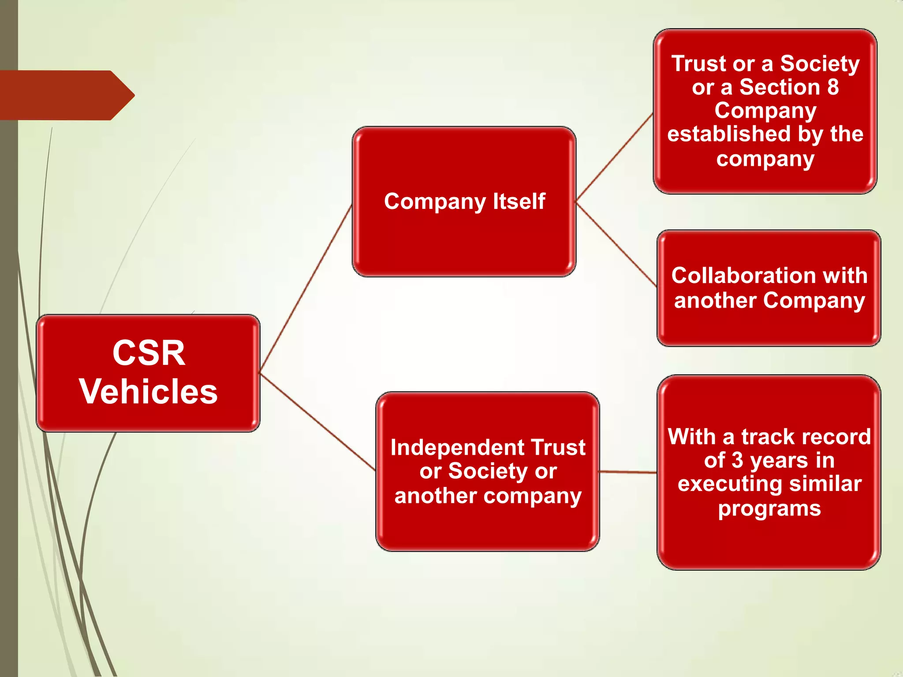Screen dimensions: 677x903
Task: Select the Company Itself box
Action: click(x=464, y=238)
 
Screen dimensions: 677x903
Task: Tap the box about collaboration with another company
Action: click(x=769, y=326)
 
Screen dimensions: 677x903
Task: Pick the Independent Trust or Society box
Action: click(x=487, y=524)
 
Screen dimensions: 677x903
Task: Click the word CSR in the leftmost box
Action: click(x=149, y=353)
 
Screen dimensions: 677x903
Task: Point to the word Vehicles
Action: click(x=149, y=391)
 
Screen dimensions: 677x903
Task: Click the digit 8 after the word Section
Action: click(x=832, y=87)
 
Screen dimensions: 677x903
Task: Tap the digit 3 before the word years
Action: click(x=738, y=461)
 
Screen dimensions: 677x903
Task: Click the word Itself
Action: click(x=519, y=201)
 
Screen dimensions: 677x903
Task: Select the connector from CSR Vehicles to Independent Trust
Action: click(x=317, y=422)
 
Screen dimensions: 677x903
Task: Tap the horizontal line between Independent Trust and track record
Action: click(x=628, y=472)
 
